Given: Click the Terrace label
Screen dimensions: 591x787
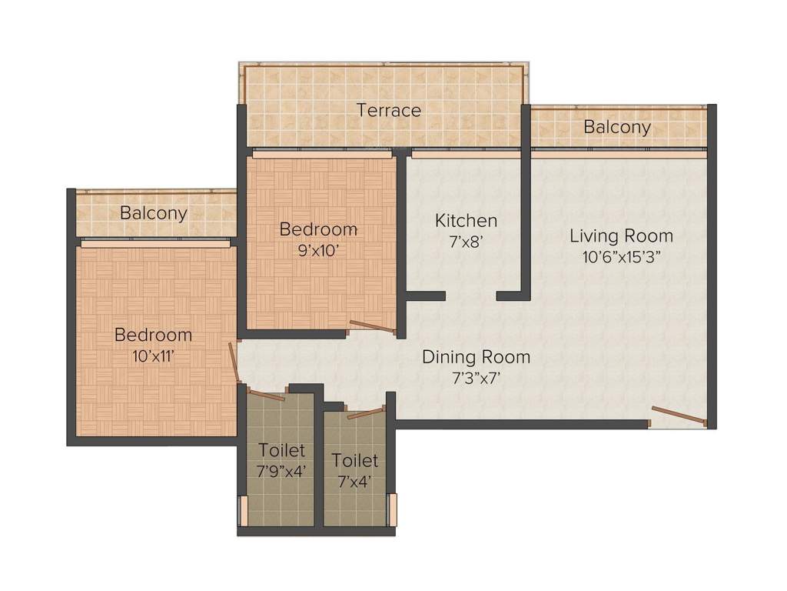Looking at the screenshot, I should [389, 110].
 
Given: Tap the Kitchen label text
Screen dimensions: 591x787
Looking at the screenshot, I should [466, 221].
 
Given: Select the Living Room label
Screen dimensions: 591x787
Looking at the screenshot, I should [621, 235].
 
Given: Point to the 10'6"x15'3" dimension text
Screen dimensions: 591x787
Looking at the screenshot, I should [621, 256].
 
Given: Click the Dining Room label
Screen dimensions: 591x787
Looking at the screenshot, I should [476, 357].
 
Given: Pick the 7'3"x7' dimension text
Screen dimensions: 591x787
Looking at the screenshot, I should [476, 377].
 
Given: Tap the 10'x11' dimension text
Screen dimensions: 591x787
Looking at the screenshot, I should [153, 356].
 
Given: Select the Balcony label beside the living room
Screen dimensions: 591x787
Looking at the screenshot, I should [617, 127].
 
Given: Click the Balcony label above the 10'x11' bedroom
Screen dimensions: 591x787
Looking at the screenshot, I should [154, 213].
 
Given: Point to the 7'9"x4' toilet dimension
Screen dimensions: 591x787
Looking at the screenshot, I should [282, 471].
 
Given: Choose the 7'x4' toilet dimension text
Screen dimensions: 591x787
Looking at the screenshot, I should [354, 482].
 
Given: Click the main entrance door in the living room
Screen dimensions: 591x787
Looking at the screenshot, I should [678, 416].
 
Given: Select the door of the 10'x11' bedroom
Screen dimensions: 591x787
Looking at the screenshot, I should [234, 362].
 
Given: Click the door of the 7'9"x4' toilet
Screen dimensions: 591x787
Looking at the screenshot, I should [266, 395].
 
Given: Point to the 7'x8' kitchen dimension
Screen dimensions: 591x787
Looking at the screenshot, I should [466, 241].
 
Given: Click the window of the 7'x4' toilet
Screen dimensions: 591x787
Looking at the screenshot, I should [393, 509].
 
